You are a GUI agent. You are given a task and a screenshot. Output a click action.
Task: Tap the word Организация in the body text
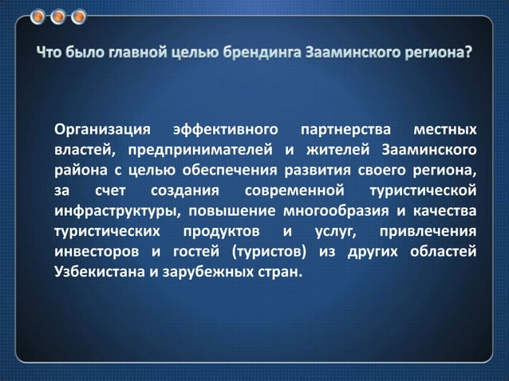102,129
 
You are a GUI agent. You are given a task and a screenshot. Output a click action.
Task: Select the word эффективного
228,129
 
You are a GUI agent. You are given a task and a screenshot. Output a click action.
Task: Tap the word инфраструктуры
114,212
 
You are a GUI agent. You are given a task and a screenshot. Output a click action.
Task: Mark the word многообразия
334,212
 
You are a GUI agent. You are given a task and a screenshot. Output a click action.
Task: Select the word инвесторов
95,253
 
